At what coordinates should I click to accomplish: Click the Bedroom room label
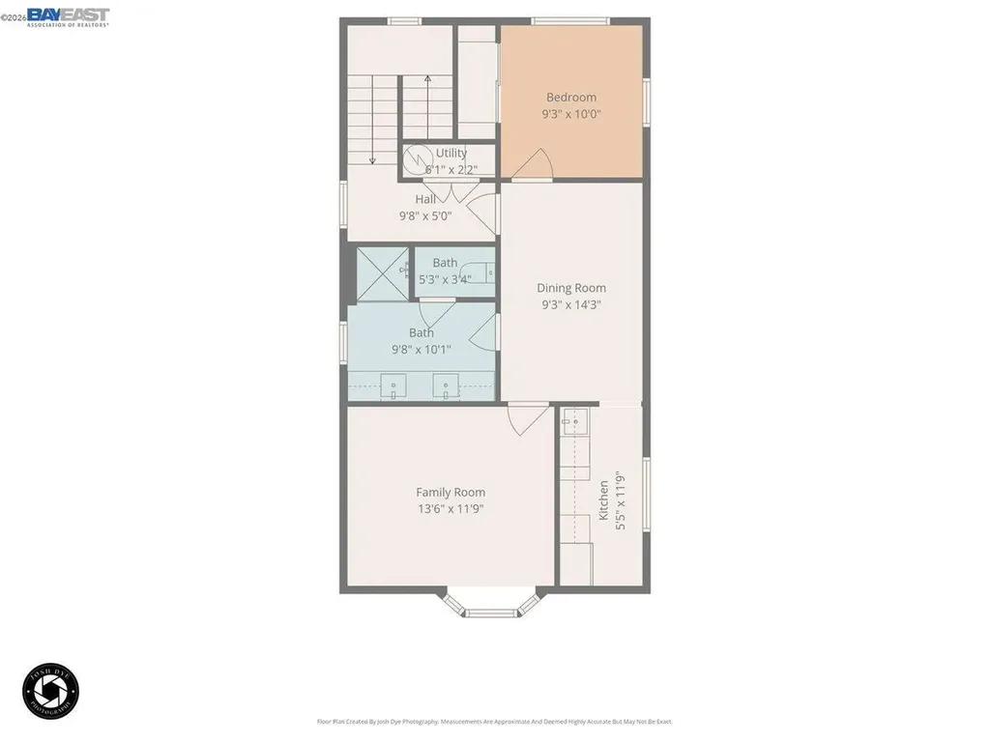tap(570, 97)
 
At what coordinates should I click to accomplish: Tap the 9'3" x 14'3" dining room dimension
tap(570, 304)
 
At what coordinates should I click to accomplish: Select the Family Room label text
tap(451, 492)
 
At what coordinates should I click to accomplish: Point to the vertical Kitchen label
tap(604, 500)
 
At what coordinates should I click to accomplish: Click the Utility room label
tap(451, 153)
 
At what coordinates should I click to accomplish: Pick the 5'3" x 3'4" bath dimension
tap(445, 279)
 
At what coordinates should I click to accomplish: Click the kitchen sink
tap(576, 421)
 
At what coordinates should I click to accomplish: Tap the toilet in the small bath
tap(480, 272)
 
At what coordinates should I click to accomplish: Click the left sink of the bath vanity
tap(394, 386)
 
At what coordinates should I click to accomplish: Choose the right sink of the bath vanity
tap(446, 386)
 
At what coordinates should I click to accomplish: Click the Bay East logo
tap(68, 16)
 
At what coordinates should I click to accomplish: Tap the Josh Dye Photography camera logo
tap(50, 690)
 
